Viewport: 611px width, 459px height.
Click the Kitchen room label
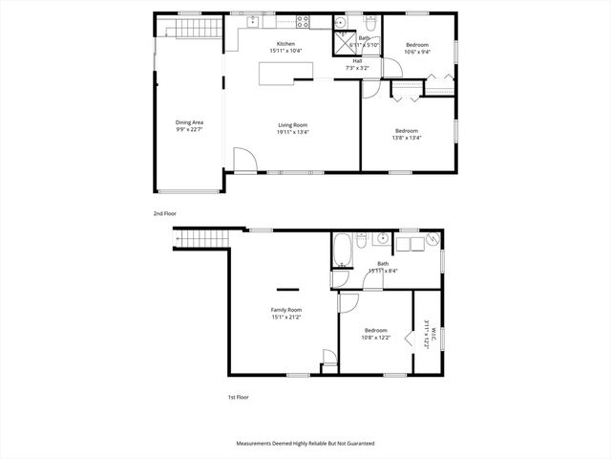[x=285, y=44]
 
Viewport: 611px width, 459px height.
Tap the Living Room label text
[x=291, y=124]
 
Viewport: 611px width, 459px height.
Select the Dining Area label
[x=189, y=122]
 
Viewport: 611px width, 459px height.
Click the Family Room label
[x=286, y=310]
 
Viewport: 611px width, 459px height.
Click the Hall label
[x=357, y=60]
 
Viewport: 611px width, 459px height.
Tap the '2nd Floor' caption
[x=165, y=213]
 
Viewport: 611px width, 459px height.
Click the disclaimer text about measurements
[x=305, y=444]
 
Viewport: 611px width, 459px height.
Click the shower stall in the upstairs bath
[x=342, y=43]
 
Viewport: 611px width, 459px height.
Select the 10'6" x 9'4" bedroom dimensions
[x=417, y=52]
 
